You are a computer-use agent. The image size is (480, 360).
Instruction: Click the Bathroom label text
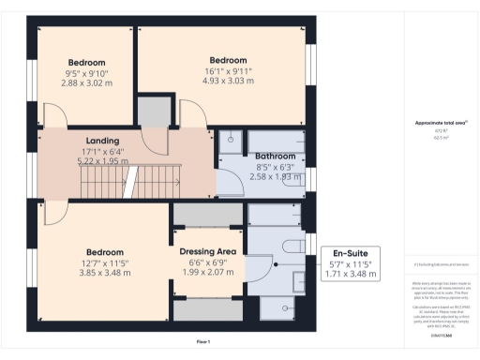click(x=276, y=156)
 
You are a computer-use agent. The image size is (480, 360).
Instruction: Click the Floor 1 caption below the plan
click(x=202, y=340)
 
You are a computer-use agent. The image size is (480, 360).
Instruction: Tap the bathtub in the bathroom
click(x=276, y=142)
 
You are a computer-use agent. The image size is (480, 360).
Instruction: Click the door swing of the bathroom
click(x=230, y=184)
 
